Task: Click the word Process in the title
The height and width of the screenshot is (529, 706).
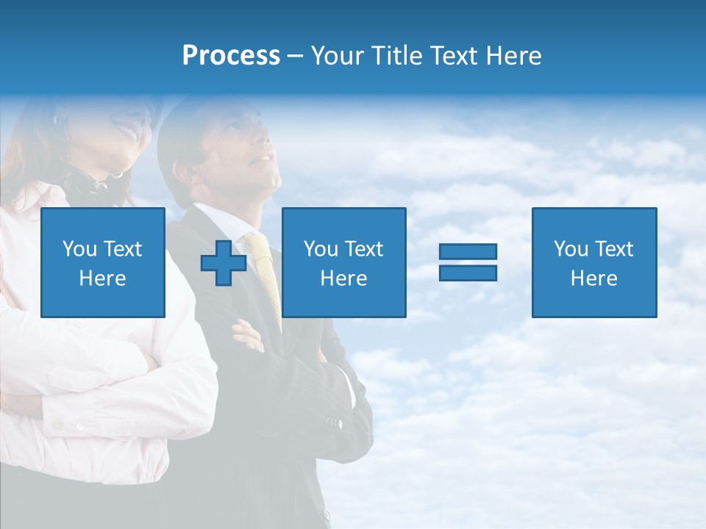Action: tap(231, 56)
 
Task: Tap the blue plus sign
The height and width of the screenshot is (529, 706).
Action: tap(224, 262)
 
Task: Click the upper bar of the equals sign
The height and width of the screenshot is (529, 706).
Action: tap(468, 252)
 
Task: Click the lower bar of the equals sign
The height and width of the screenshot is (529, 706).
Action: tap(468, 273)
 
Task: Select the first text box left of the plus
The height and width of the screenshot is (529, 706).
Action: tap(103, 262)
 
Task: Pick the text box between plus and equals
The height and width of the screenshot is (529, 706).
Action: tap(343, 262)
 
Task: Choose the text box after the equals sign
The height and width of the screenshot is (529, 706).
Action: tap(593, 262)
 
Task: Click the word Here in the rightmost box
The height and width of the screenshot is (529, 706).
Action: tap(593, 278)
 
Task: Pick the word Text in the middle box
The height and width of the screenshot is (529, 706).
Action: tap(363, 249)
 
